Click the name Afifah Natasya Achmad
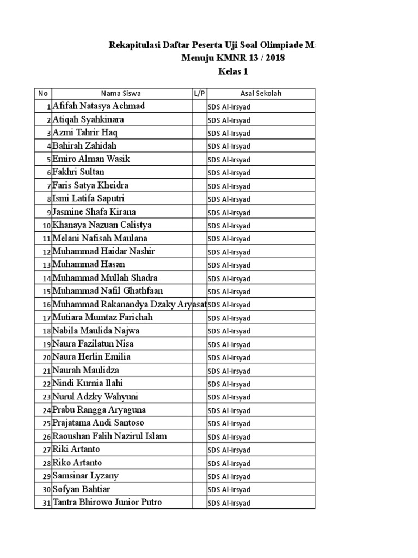click(99, 106)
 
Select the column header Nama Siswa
click(121, 93)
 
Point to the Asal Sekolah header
click(261, 93)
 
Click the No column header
click(42, 93)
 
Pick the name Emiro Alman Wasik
click(91, 159)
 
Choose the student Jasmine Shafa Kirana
click(94, 211)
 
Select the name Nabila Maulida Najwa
click(96, 330)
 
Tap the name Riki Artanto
click(76, 449)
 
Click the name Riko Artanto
click(77, 463)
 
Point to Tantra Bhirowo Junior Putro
click(107, 502)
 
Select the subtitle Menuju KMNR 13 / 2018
click(233, 58)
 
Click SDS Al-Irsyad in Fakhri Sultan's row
click(229, 173)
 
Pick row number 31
click(46, 503)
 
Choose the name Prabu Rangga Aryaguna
click(99, 409)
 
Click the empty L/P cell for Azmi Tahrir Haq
click(199, 132)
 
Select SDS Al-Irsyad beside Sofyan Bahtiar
click(229, 489)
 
